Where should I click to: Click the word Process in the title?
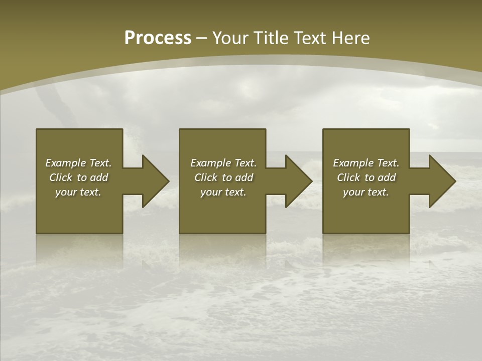pos(158,38)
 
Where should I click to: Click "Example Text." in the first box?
pos(78,163)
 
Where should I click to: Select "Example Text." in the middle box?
pos(223,163)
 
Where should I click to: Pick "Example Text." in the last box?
pos(366,163)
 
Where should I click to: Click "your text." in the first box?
pos(78,192)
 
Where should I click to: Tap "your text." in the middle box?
pos(223,192)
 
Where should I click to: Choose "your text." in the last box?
pos(366,192)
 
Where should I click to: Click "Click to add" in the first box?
pos(78,177)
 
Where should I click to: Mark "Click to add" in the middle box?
pos(223,177)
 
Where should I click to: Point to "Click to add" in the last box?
pos(366,177)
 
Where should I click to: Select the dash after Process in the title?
pos(201,39)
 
